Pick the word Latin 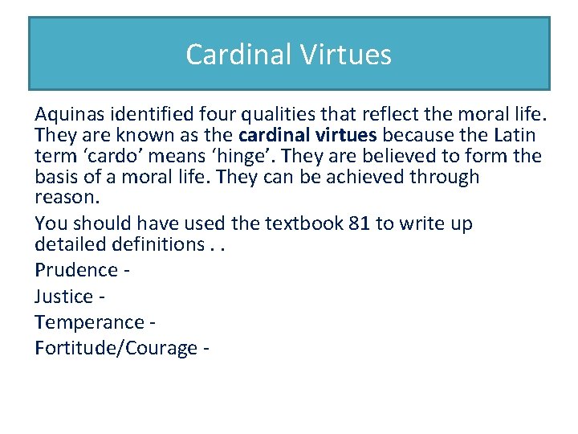tap(513, 135)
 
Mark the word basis tap(55, 177)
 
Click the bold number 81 tap(360, 223)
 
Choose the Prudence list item tap(76, 270)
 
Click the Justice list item tap(64, 297)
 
